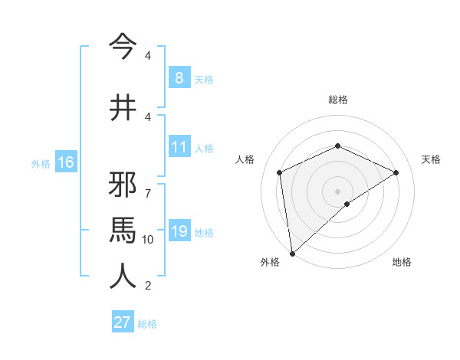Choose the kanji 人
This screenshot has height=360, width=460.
click(123, 276)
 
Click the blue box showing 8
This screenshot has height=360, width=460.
click(179, 78)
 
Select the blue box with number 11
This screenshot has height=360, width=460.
click(179, 147)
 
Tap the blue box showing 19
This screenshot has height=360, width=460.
click(179, 231)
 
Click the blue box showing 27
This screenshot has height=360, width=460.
click(123, 322)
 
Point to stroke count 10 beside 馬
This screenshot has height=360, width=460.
click(148, 240)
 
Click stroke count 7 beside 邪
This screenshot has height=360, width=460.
click(147, 186)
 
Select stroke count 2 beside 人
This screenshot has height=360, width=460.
click(147, 286)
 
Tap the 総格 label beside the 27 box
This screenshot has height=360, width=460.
click(147, 324)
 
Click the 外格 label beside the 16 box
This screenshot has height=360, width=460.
click(41, 163)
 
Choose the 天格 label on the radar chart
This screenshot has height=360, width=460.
click(432, 159)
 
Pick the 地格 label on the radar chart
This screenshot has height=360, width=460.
click(402, 262)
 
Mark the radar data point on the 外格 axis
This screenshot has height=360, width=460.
click(292, 253)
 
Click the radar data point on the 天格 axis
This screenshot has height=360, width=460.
click(396, 172)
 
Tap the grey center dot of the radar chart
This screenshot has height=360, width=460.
click(337, 191)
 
